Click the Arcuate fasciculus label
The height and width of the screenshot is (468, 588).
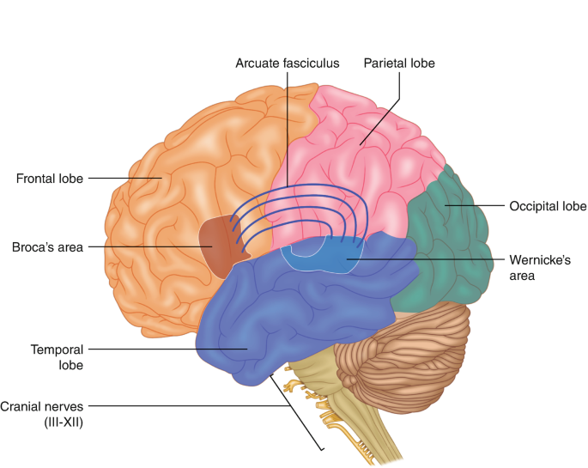coord(288,64)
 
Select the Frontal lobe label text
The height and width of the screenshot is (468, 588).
coord(49,179)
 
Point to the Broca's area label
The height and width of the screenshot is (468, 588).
coord(47,247)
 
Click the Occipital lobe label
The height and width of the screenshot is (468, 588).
coord(548,206)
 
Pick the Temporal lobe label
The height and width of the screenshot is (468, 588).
coord(56,356)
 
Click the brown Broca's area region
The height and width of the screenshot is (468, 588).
coord(215,246)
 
